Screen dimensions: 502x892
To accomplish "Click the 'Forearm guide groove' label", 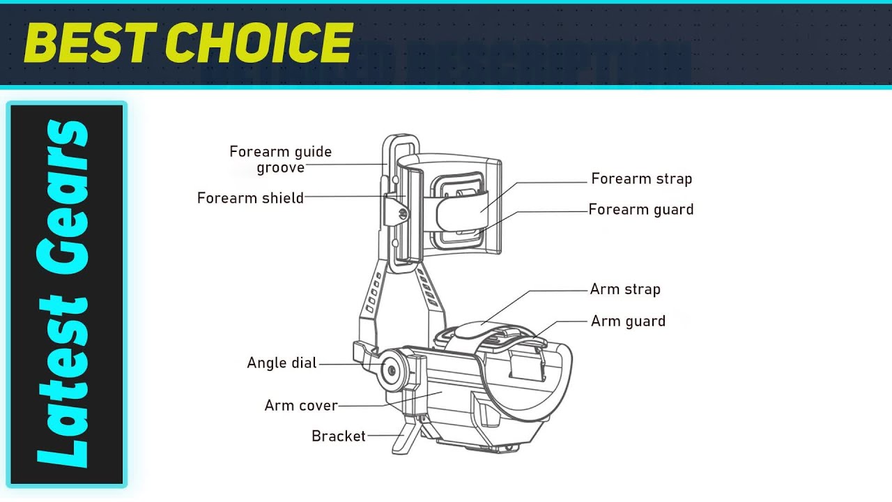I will [x=281, y=159].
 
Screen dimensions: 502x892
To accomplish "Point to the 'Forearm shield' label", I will [x=250, y=198].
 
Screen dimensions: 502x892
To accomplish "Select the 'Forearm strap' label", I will [x=641, y=179].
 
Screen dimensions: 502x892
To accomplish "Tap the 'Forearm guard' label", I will [x=640, y=209].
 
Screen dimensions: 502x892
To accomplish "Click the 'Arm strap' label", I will [x=624, y=289].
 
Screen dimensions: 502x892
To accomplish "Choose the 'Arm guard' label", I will [x=627, y=321].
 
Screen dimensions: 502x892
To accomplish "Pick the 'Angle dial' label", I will [x=282, y=363].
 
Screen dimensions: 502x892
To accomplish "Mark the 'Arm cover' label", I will [x=301, y=406].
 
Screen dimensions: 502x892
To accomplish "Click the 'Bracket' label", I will [x=338, y=436].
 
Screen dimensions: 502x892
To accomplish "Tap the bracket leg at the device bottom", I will [x=404, y=439].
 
